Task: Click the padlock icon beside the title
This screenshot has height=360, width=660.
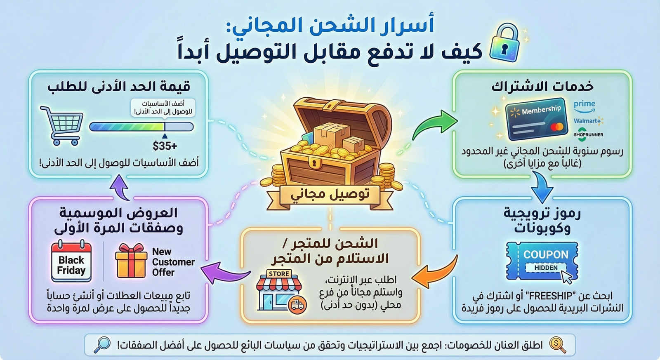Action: [504, 43]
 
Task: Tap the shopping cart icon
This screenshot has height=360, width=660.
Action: [62, 126]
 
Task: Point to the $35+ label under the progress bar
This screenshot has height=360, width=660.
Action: [165, 146]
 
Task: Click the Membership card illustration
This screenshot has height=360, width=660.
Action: [536, 119]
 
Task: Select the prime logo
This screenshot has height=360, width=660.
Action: [585, 107]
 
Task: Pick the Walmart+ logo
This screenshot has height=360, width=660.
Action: [588, 121]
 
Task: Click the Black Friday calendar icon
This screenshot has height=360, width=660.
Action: [71, 261]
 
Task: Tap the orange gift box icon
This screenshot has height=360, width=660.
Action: [131, 261]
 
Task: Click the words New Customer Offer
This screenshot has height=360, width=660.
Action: [173, 262]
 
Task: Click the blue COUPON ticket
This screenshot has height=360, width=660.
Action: [542, 261]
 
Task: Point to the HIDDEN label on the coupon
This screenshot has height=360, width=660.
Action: [546, 268]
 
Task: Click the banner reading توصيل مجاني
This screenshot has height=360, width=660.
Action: [330, 195]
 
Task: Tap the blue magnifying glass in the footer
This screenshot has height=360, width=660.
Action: [102, 345]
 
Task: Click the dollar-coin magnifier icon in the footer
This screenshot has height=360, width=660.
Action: [557, 345]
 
